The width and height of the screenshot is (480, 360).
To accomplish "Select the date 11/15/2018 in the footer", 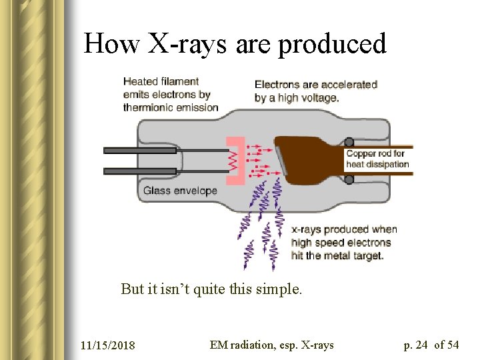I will coord(107,345).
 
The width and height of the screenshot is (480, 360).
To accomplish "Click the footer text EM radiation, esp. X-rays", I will coord(271,345).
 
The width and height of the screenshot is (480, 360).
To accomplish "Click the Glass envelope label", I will coord(180,191).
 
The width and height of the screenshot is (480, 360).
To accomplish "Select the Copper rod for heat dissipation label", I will coord(377,159).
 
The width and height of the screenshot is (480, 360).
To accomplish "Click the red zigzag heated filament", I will coord(233,161).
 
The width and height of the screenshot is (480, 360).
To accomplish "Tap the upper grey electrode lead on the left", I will coord(140,150).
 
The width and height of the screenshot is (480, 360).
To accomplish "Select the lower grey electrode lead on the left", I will coord(140,171).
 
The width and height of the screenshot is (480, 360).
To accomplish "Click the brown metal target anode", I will coord(307,160).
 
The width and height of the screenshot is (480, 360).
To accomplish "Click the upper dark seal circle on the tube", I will coord(349,142).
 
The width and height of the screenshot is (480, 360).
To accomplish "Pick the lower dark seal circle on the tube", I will coord(349,179).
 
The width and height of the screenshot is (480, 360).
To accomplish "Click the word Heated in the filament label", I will coord(141,82).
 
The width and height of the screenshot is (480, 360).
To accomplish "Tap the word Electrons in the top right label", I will coord(278,85).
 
